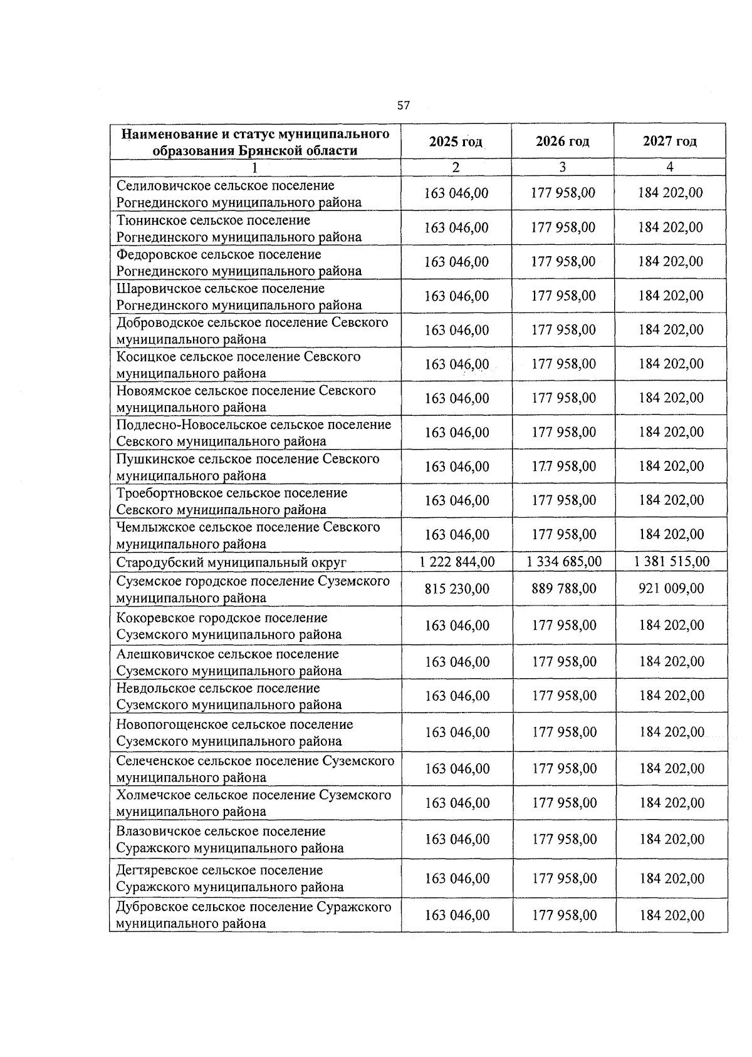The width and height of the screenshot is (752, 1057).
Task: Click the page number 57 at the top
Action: pyautogui.click(x=403, y=105)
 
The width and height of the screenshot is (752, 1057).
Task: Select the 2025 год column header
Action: pyautogui.click(x=456, y=142)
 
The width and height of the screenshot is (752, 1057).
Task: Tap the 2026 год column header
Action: pyautogui.click(x=562, y=141)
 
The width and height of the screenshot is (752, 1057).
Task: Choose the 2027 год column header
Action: pyautogui.click(x=669, y=141)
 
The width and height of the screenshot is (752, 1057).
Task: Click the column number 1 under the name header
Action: pyautogui.click(x=254, y=168)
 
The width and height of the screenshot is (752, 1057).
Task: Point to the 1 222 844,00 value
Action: pyautogui.click(x=457, y=562)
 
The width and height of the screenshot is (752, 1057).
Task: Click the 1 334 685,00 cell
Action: pyautogui.click(x=564, y=562)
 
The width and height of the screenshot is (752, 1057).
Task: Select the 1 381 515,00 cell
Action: pyautogui.click(x=672, y=562)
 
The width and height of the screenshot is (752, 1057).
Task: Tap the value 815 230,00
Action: pyautogui.click(x=457, y=589)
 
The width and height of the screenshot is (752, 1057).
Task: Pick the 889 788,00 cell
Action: pyautogui.click(x=564, y=589)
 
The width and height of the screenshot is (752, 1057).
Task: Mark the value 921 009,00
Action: pyautogui.click(x=672, y=589)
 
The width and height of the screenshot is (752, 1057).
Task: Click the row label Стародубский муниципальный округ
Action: pyautogui.click(x=231, y=562)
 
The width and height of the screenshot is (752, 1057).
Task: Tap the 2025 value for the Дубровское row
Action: pyautogui.click(x=457, y=915)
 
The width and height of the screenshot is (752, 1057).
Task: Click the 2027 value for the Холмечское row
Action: pyautogui.click(x=672, y=803)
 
